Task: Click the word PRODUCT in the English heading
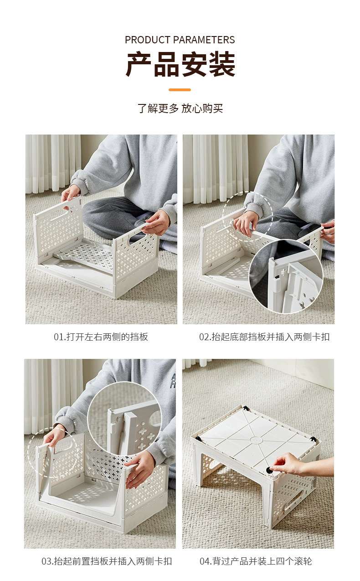coord(148,40)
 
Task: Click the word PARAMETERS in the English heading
coord(204,40)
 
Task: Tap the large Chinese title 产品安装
coord(180,64)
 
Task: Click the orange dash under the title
coord(180,90)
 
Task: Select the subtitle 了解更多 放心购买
coord(180,108)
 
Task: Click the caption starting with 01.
coord(101,337)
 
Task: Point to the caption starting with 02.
coord(264,337)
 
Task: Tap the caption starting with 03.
coord(107,561)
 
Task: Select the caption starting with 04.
coord(256,561)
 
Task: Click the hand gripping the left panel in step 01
coord(70,194)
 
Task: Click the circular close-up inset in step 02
coord(286,276)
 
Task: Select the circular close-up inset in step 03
coord(124,419)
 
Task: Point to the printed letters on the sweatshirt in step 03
coord(173,380)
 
